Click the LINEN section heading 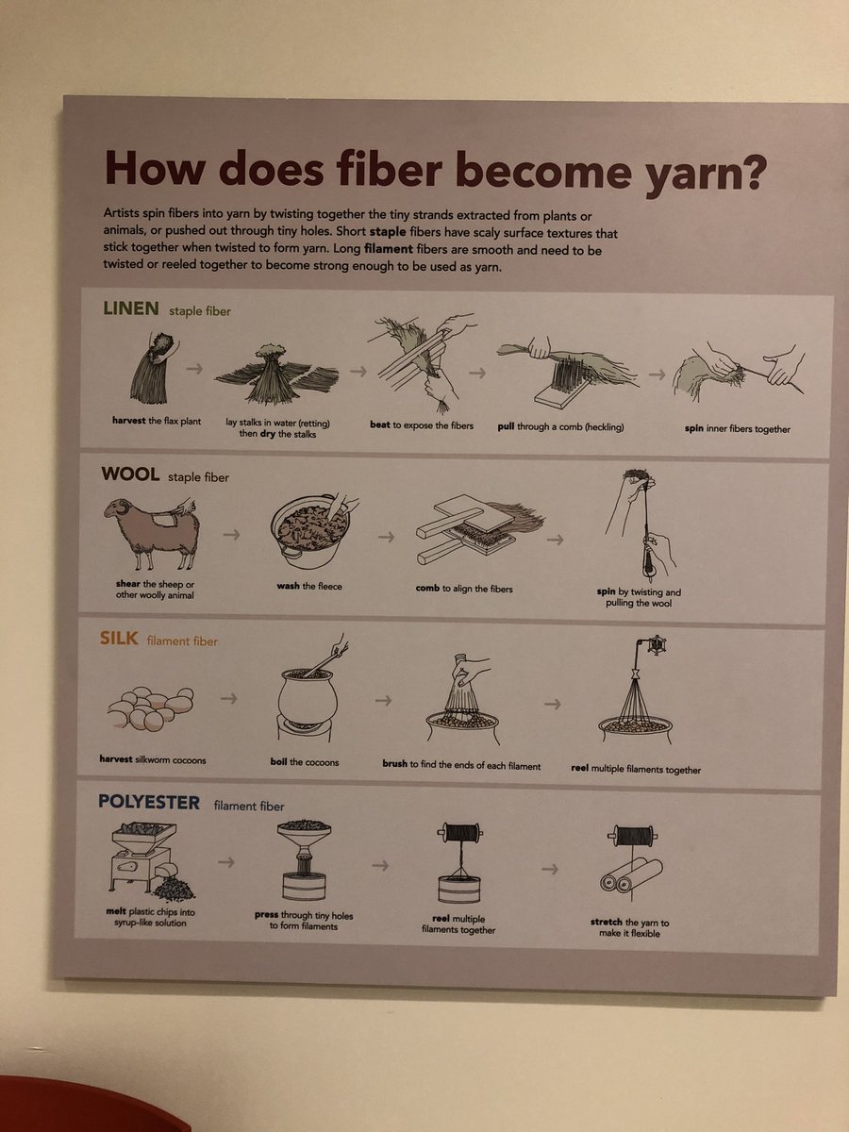[x=131, y=308]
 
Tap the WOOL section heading [x=130, y=474]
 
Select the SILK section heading [x=119, y=639]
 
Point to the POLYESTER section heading [x=149, y=802]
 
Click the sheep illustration [x=152, y=533]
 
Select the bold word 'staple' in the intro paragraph [x=388, y=231]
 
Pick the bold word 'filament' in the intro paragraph [x=388, y=249]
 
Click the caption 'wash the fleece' [x=309, y=586]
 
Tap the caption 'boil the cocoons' [x=304, y=761]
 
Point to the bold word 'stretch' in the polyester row [x=607, y=922]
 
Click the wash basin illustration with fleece [x=312, y=531]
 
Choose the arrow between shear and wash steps [x=231, y=534]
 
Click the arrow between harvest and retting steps [x=194, y=369]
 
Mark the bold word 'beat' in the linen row [x=380, y=424]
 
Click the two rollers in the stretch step [x=631, y=875]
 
